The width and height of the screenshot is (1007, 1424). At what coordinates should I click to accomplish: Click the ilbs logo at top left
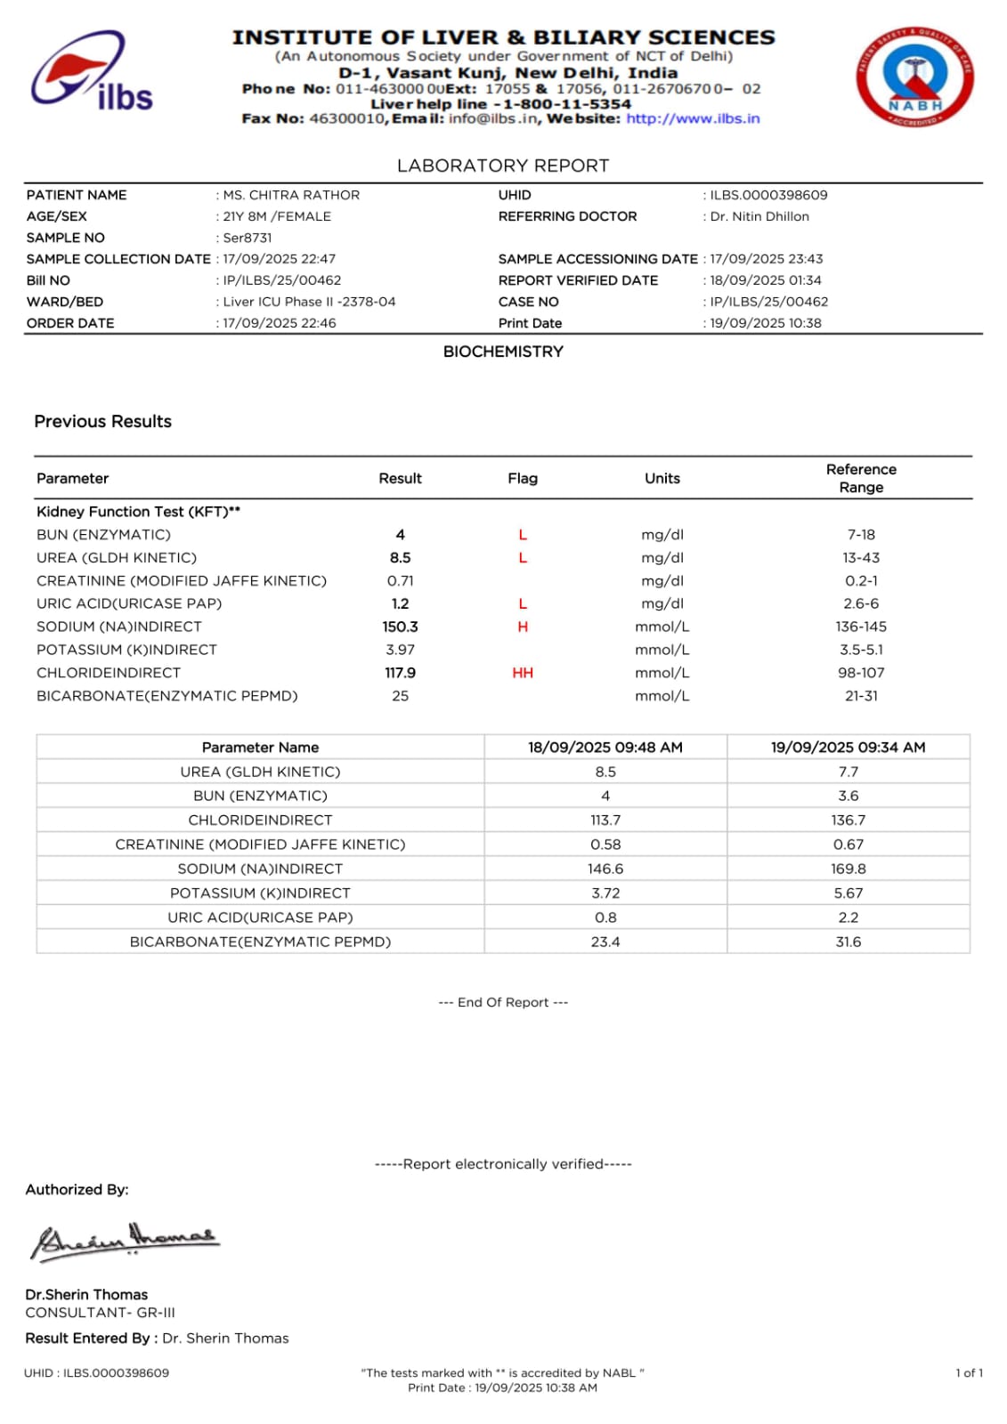click(x=92, y=72)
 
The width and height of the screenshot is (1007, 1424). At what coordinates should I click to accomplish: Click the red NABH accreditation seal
click(x=914, y=77)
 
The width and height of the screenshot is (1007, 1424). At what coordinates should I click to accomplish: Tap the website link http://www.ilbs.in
click(x=693, y=118)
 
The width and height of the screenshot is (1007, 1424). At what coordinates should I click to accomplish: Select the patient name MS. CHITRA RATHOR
click(x=291, y=195)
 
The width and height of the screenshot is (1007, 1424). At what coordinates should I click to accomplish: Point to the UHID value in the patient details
click(x=768, y=195)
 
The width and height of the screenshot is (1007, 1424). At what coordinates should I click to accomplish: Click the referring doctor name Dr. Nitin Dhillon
click(x=759, y=216)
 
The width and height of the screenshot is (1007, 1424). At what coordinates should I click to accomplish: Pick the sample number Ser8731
click(x=248, y=238)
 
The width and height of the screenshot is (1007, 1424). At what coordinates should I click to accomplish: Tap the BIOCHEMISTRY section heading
click(x=503, y=352)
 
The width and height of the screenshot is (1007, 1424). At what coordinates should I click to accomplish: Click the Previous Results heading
click(x=103, y=422)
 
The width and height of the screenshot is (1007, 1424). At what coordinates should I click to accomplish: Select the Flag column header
click(x=523, y=479)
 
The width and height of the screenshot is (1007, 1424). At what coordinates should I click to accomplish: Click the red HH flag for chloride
click(x=523, y=673)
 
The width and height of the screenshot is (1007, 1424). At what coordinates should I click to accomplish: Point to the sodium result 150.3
click(x=400, y=627)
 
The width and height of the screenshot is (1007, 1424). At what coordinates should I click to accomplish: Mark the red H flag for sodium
click(x=523, y=627)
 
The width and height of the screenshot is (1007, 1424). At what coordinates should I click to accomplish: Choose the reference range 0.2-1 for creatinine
click(x=861, y=580)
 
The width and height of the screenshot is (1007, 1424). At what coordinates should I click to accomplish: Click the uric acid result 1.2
click(x=400, y=603)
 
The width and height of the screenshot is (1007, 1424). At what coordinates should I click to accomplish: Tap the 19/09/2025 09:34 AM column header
click(x=848, y=748)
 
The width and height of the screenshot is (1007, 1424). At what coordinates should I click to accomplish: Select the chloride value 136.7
click(x=848, y=820)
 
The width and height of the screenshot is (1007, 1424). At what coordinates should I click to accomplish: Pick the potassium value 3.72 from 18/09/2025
click(x=605, y=893)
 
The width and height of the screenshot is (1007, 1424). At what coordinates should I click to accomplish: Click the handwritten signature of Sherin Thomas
click(x=125, y=1241)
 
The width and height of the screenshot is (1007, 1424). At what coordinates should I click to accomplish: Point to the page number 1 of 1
click(x=969, y=1372)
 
